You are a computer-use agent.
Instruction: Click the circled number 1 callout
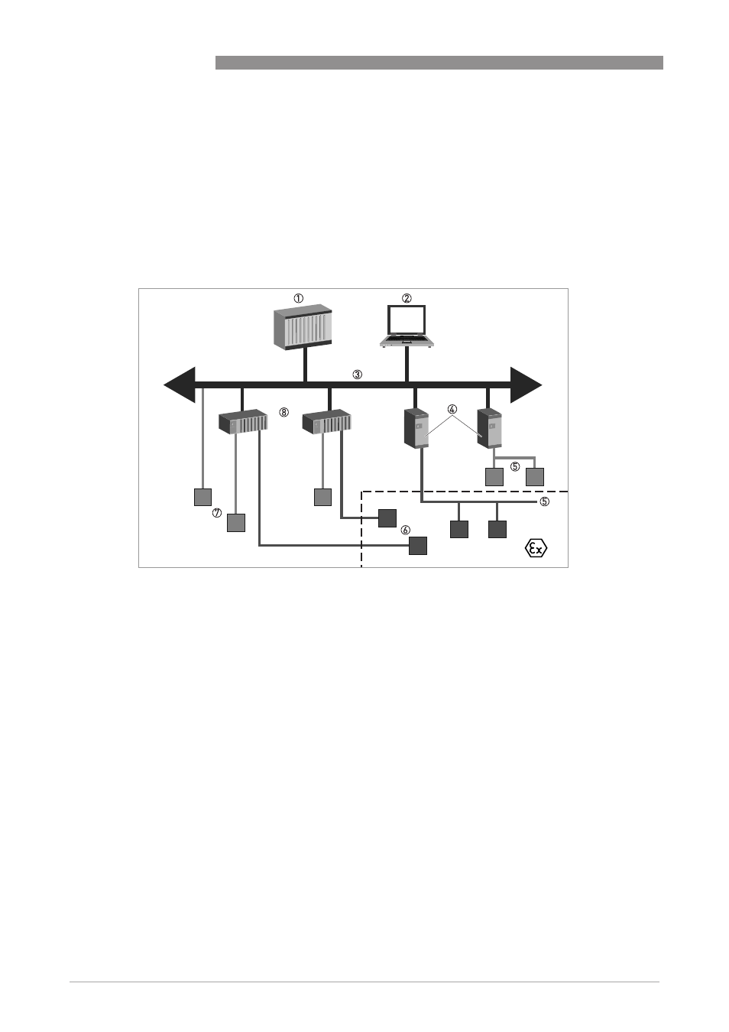[x=299, y=298]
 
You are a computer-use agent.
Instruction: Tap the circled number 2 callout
[x=407, y=298]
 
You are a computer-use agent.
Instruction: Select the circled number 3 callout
[x=357, y=375]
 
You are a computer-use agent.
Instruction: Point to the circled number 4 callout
[x=452, y=409]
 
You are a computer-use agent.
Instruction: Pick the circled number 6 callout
[x=405, y=531]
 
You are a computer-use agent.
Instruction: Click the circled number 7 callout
[x=217, y=513]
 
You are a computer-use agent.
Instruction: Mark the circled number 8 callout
[x=284, y=412]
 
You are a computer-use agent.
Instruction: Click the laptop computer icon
[x=407, y=326]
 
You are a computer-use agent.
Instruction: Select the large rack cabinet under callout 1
[x=303, y=327]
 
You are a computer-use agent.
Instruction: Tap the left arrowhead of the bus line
[x=180, y=385]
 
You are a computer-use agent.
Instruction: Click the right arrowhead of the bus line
[x=526, y=385]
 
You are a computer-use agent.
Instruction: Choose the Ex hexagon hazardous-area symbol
[x=536, y=548]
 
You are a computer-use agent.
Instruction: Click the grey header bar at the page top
[x=439, y=63]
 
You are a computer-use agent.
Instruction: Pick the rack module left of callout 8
[x=243, y=421]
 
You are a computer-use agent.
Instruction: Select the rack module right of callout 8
[x=326, y=421]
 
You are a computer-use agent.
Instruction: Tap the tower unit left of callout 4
[x=416, y=428]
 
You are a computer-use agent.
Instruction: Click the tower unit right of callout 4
[x=489, y=428]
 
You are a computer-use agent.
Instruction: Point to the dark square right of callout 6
[x=418, y=546]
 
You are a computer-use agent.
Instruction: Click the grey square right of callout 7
[x=236, y=522]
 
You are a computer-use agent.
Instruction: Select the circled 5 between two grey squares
[x=515, y=467]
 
